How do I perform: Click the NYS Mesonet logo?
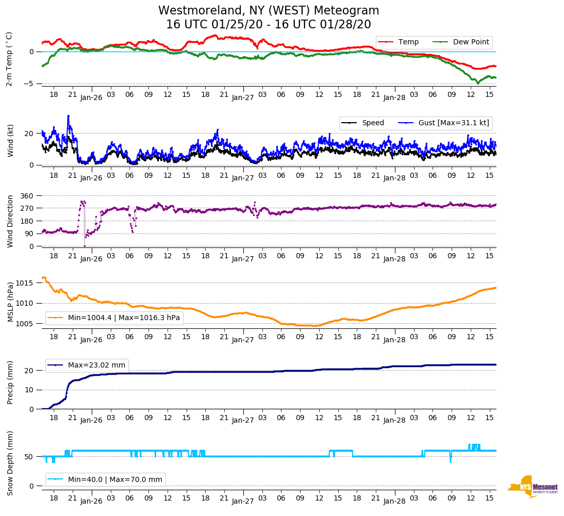coord(533,487)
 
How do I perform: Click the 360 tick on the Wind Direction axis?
coord(27,196)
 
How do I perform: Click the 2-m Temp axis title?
coord(9,59)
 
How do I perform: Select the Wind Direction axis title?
coord(10,221)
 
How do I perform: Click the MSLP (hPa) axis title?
coord(10,302)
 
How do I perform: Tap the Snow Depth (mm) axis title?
coord(10,463)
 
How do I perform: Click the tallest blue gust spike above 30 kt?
coord(68,116)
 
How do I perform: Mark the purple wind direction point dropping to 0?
coord(85,246)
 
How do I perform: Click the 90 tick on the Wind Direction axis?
coord(30,234)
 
